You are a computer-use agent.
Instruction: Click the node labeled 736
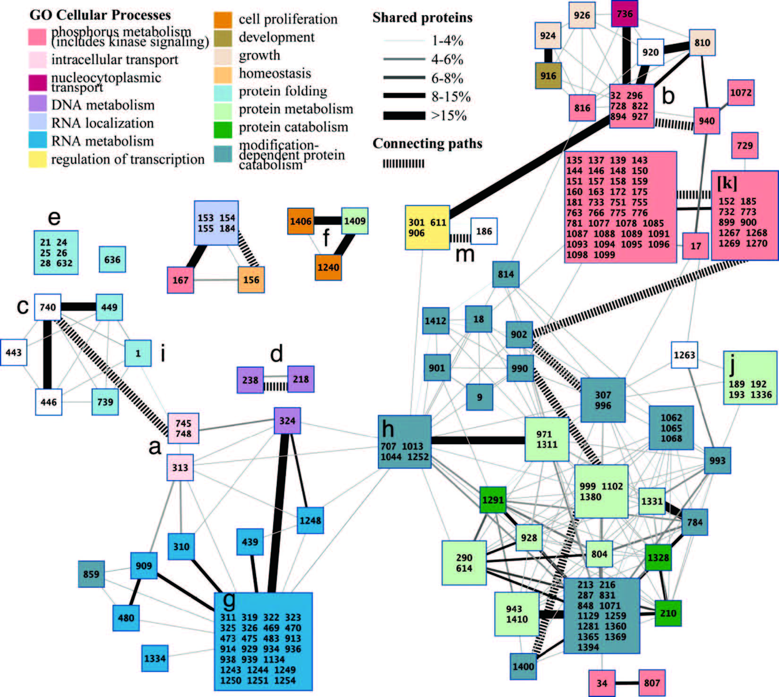tap(625, 14)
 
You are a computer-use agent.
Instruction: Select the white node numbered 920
tap(650, 52)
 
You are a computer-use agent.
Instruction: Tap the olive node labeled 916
tap(548, 76)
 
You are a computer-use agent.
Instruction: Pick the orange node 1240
tap(328, 267)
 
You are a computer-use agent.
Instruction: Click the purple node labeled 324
tap(287, 420)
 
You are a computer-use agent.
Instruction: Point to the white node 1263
tap(684, 354)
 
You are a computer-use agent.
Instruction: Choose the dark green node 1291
tap(493, 499)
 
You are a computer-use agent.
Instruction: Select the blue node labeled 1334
tap(154, 658)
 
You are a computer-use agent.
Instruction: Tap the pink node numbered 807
tap(652, 683)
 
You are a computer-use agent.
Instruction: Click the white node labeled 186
tap(484, 231)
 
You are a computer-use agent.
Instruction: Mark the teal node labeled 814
tap(505, 274)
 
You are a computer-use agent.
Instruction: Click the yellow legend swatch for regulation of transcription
tap(37, 159)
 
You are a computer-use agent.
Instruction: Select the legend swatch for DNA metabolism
tap(37, 104)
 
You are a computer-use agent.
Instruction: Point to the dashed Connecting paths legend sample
tap(403, 163)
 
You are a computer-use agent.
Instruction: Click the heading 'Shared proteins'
tap(422, 17)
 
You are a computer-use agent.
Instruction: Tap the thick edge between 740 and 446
tap(47, 354)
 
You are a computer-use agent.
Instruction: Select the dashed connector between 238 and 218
tap(275, 387)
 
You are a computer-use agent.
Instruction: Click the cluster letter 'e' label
tap(54, 217)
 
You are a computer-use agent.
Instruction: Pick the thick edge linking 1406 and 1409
tap(328, 221)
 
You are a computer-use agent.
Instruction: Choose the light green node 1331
tap(652, 501)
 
